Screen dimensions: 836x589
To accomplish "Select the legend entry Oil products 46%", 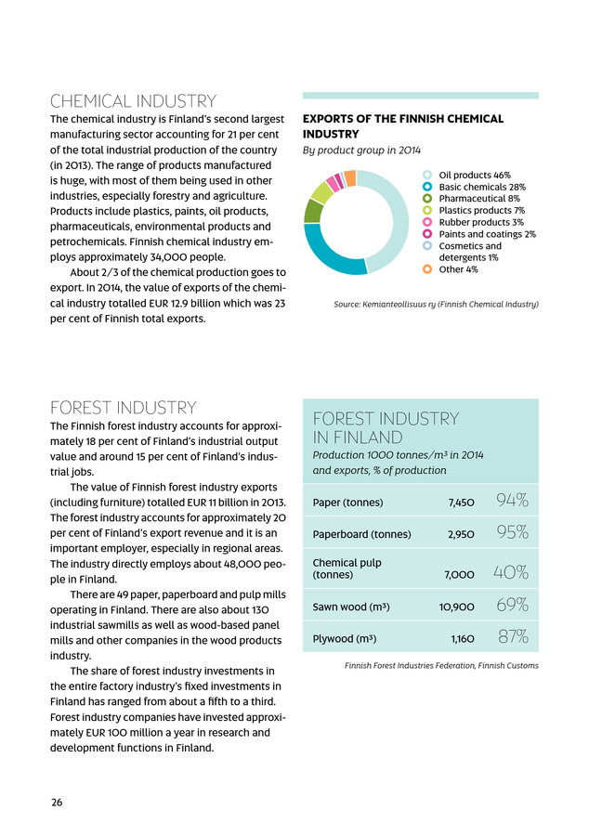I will point(474,175).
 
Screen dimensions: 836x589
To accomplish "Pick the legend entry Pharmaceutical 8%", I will point(478,198).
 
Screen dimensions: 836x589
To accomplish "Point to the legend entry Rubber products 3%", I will point(480,222).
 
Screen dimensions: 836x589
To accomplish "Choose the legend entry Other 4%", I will point(458,269).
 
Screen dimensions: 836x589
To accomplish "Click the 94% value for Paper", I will point(512,503).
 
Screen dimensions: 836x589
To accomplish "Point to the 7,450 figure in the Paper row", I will point(462,503).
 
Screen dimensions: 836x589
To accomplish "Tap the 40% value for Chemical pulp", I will point(512,572).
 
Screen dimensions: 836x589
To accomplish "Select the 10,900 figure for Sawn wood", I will point(457,607).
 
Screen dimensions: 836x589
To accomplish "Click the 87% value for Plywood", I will point(512,638).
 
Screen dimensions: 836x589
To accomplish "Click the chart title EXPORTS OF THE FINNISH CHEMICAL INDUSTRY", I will point(403,126).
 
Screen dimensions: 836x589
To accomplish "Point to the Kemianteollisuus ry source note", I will point(435,305).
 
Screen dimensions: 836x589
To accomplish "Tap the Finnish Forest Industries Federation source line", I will point(440,666).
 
